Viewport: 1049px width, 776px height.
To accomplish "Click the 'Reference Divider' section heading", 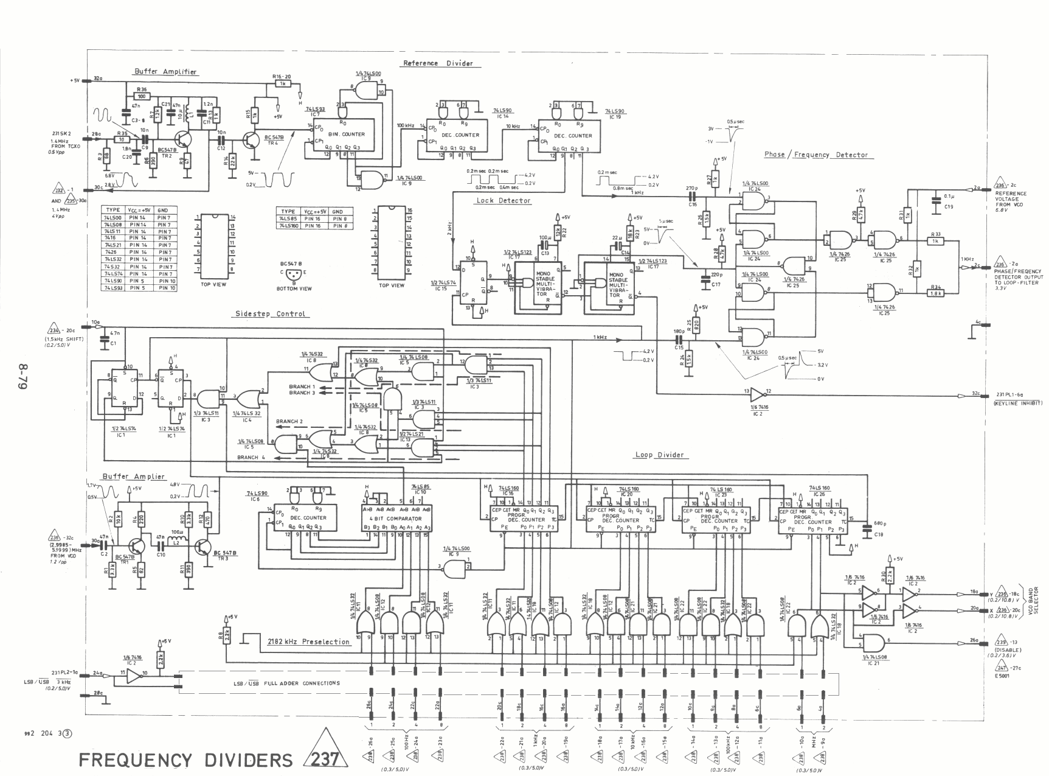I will [438, 63].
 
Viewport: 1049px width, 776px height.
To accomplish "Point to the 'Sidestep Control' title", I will [271, 314].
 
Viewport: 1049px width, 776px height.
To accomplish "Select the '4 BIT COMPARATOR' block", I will [395, 519].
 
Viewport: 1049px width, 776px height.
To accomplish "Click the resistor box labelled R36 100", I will [142, 96].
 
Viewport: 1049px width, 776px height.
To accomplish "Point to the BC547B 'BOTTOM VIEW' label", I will [293, 288].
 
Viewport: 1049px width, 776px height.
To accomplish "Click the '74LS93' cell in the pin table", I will [115, 288].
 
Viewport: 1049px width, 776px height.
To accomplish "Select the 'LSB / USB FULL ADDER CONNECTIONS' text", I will [286, 683].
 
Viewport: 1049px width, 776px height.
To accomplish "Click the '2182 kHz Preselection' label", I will [309, 641].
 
